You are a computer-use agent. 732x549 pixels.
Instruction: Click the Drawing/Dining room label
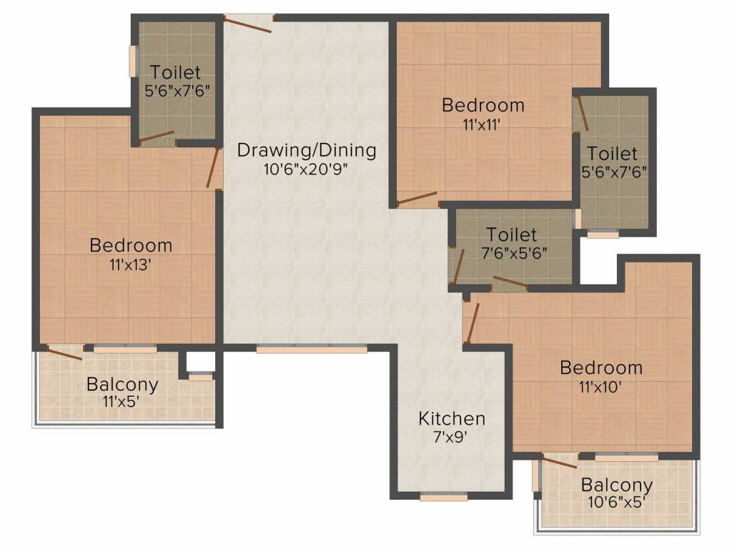[x=307, y=151]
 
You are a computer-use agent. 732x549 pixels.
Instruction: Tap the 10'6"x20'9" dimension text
[x=306, y=169]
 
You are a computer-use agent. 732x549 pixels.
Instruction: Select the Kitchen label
[x=452, y=419]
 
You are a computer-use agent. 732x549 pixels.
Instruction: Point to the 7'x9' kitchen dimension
[x=450, y=437]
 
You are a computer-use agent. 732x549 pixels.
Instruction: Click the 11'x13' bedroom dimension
[x=130, y=265]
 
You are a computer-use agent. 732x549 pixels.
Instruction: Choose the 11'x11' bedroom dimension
[x=482, y=124]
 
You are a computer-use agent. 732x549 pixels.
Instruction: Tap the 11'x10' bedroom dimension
[x=600, y=387]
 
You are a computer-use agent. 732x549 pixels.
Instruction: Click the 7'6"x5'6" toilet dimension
[x=514, y=253]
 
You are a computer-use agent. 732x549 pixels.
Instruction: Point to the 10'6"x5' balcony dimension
[x=618, y=503]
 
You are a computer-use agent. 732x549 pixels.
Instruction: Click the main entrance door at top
[x=247, y=24]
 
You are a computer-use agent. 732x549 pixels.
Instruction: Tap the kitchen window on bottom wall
[x=443, y=498]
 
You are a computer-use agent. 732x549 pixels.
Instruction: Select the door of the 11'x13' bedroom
[x=214, y=168]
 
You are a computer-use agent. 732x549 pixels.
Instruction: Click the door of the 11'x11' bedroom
[x=417, y=199]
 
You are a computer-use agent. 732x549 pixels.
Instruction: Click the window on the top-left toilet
[x=133, y=61]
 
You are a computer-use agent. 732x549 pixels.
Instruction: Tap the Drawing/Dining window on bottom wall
[x=312, y=349]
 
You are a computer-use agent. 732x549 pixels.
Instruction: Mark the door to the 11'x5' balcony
[x=64, y=352]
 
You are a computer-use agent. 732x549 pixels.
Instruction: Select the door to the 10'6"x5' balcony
[x=559, y=461]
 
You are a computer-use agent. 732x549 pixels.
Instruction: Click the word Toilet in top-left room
[x=176, y=73]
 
